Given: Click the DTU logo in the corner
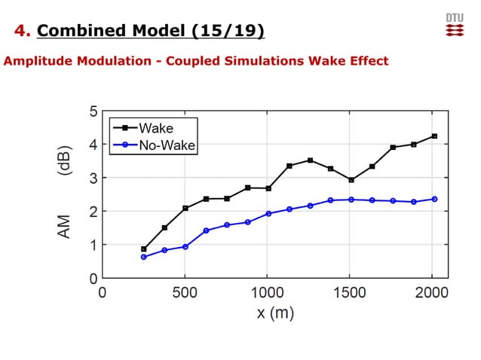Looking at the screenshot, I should tap(455, 24).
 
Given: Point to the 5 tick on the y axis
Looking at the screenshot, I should tap(93, 111).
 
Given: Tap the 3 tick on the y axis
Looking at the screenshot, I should tap(93, 178).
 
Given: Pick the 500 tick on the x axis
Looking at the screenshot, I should tap(185, 292).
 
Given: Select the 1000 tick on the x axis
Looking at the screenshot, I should tap(267, 292).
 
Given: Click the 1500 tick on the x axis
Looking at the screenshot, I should tap(350, 292).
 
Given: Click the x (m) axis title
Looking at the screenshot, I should tap(275, 313).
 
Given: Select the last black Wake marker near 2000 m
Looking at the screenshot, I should tap(434, 136).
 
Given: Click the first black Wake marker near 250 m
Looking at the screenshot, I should tap(143, 249).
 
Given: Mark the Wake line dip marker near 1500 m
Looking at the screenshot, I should tap(351, 180).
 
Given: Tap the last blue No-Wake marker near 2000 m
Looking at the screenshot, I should tap(434, 199).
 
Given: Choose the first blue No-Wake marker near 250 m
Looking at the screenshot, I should tap(143, 257).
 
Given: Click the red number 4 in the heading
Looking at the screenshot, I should tap(22, 31).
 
